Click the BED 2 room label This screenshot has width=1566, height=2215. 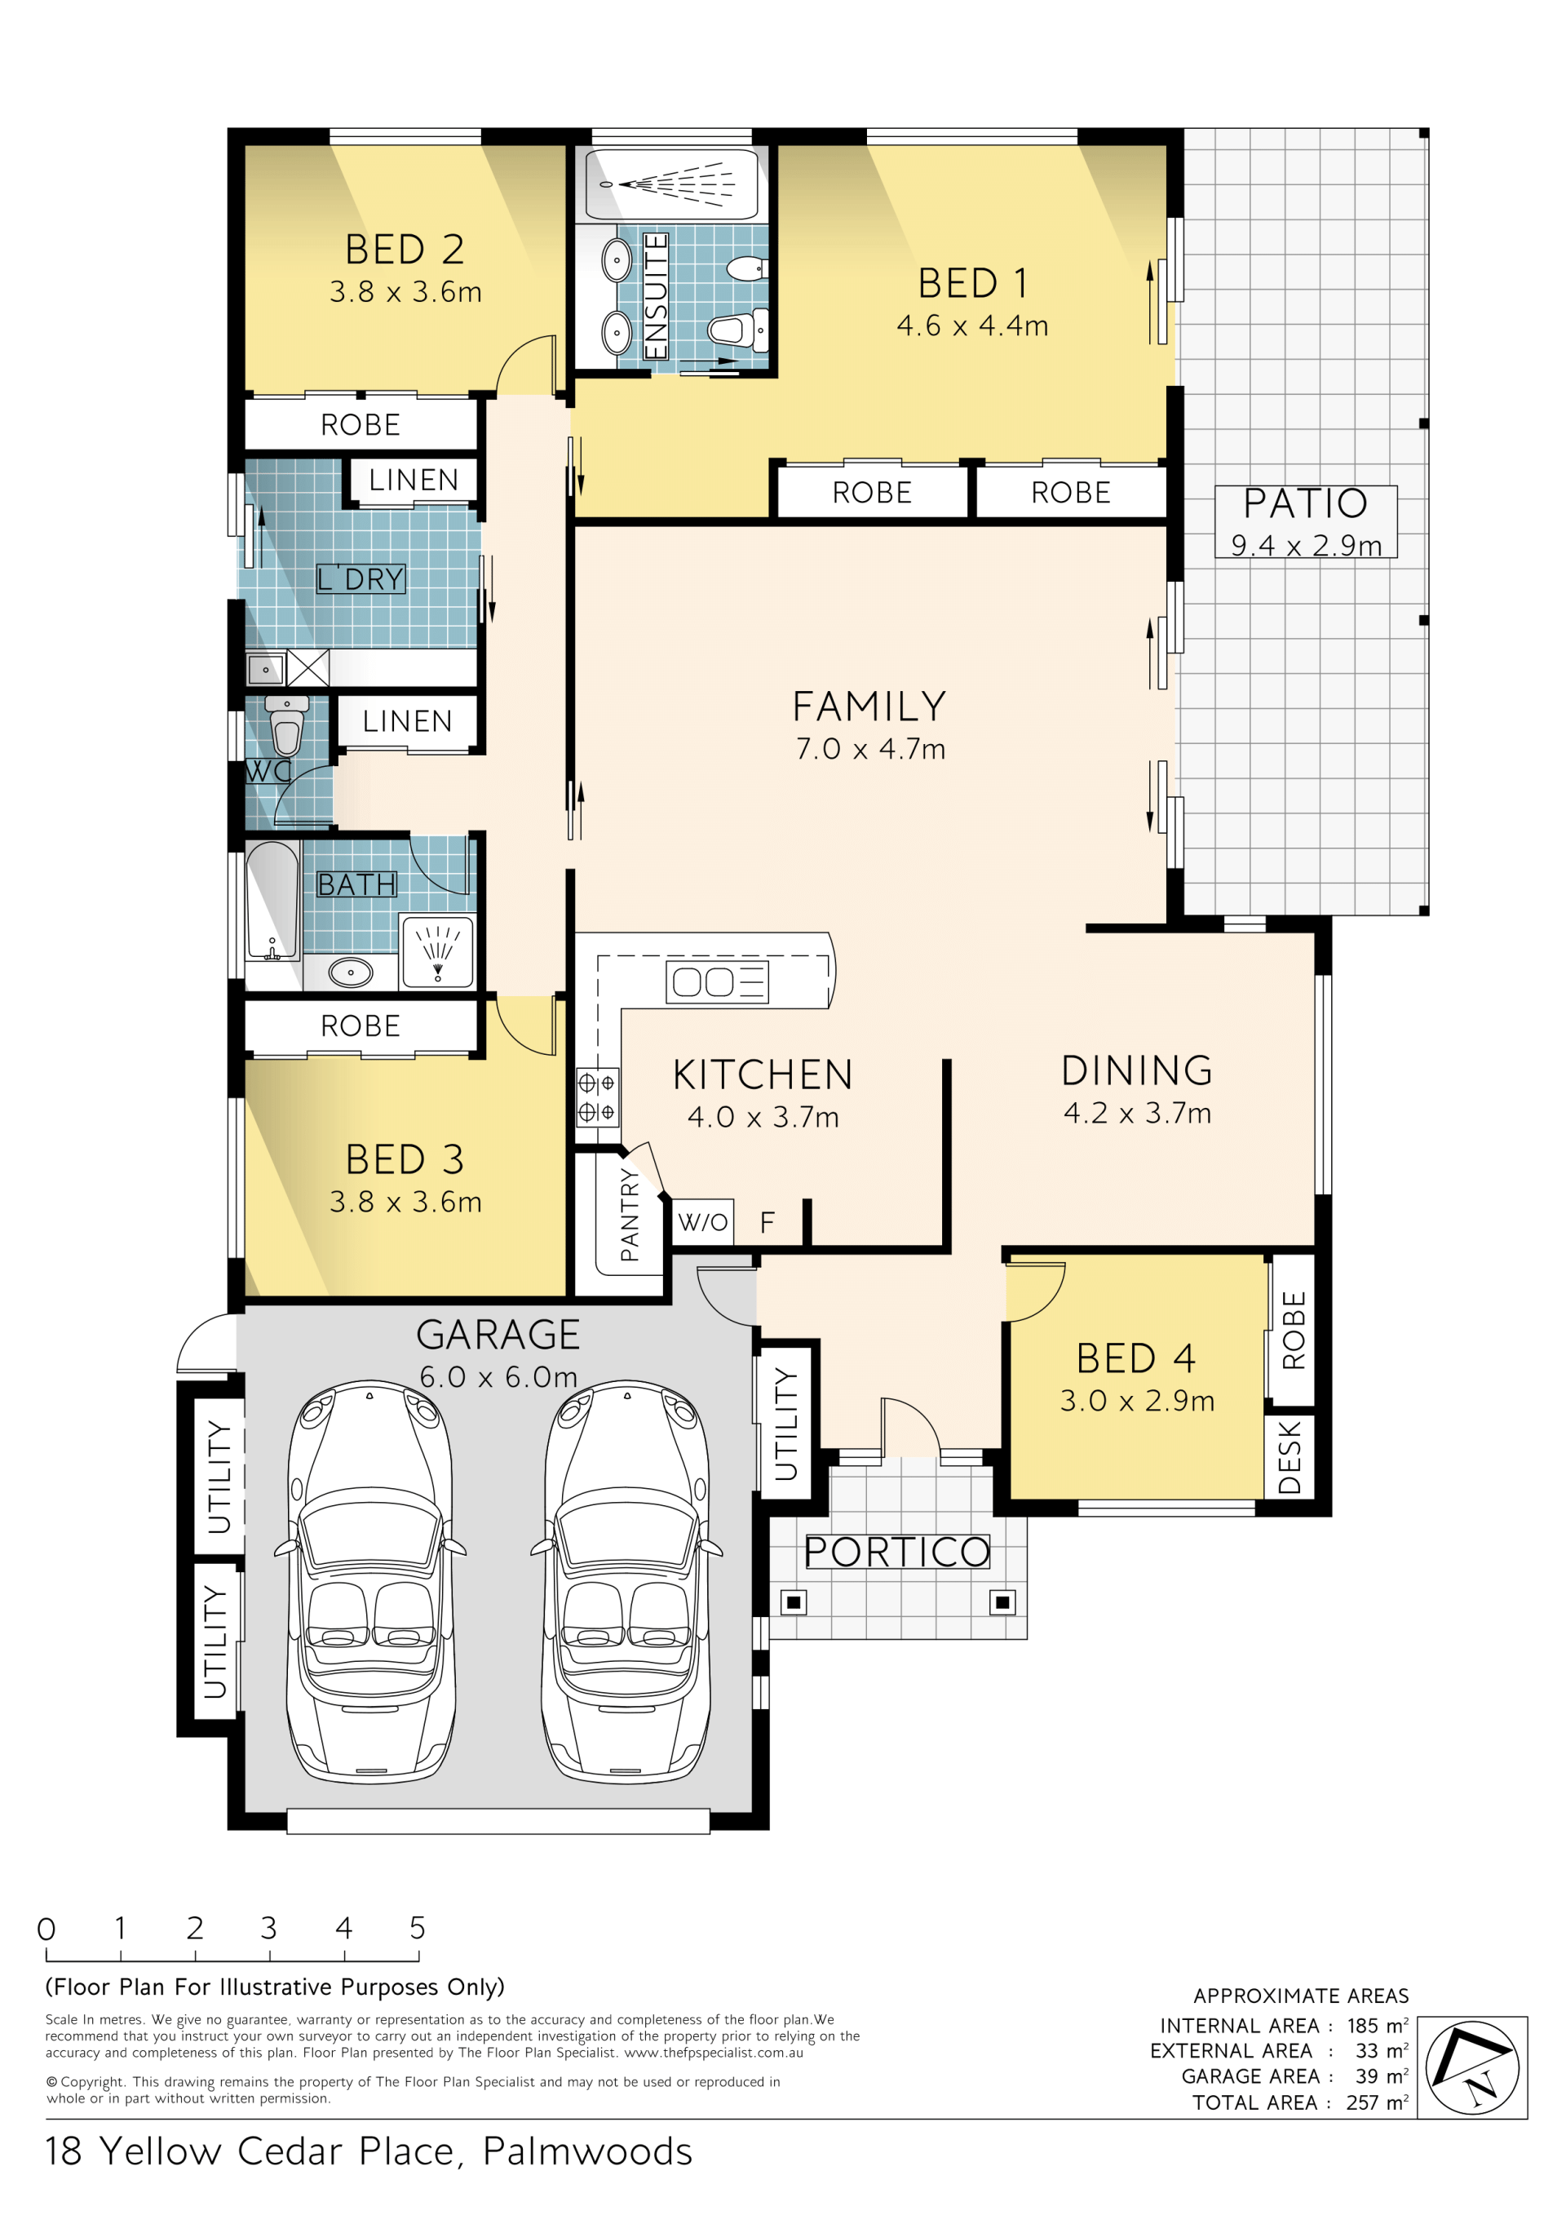[x=405, y=250]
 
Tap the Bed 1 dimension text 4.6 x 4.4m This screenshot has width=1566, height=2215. [x=972, y=326]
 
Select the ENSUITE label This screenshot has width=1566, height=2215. [x=656, y=296]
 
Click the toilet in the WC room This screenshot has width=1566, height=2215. [x=286, y=724]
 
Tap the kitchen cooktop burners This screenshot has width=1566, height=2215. [x=597, y=1096]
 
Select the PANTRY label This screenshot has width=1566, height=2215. [x=630, y=1215]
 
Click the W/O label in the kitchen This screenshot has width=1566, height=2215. [x=702, y=1222]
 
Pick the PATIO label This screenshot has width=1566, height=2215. [x=1305, y=503]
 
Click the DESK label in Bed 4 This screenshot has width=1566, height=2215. [x=1290, y=1457]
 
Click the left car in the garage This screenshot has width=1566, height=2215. [x=370, y=1582]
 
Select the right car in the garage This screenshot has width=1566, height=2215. [x=626, y=1582]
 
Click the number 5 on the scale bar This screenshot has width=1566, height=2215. [x=417, y=1929]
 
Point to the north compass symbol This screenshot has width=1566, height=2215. [x=1471, y=2068]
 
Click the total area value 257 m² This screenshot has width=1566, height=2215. [x=1377, y=2102]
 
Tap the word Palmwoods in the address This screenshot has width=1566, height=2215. [x=587, y=2152]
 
